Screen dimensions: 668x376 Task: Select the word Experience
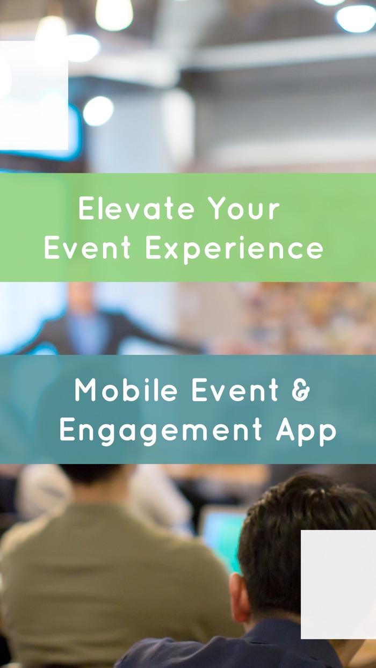[x=234, y=249]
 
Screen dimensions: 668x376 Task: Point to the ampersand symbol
[x=301, y=390]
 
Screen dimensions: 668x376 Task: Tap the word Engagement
[x=161, y=431]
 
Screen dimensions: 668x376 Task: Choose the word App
[x=306, y=431]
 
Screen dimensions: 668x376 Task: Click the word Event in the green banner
[x=88, y=249]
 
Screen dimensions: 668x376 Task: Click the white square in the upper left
[x=33, y=96]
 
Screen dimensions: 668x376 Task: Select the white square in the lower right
[x=338, y=584]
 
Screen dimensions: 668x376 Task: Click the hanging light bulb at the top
[x=114, y=13]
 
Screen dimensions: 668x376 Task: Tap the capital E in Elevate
[x=86, y=209]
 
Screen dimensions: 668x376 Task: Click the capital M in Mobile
[x=86, y=390]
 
